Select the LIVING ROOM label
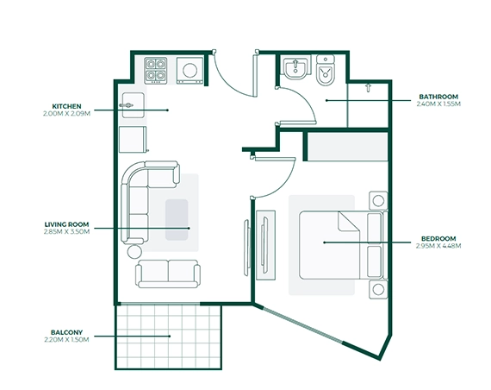(x=65, y=224)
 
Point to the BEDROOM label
(x=438, y=238)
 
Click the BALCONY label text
(x=65, y=332)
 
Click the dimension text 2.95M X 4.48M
(x=438, y=246)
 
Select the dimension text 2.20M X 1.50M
(x=65, y=340)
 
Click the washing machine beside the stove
(x=190, y=69)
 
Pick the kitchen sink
(x=132, y=103)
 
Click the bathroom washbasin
(x=294, y=68)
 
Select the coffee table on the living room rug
(x=177, y=220)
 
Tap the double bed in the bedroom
(x=332, y=244)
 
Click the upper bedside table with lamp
(x=376, y=201)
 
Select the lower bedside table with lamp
(x=376, y=288)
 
